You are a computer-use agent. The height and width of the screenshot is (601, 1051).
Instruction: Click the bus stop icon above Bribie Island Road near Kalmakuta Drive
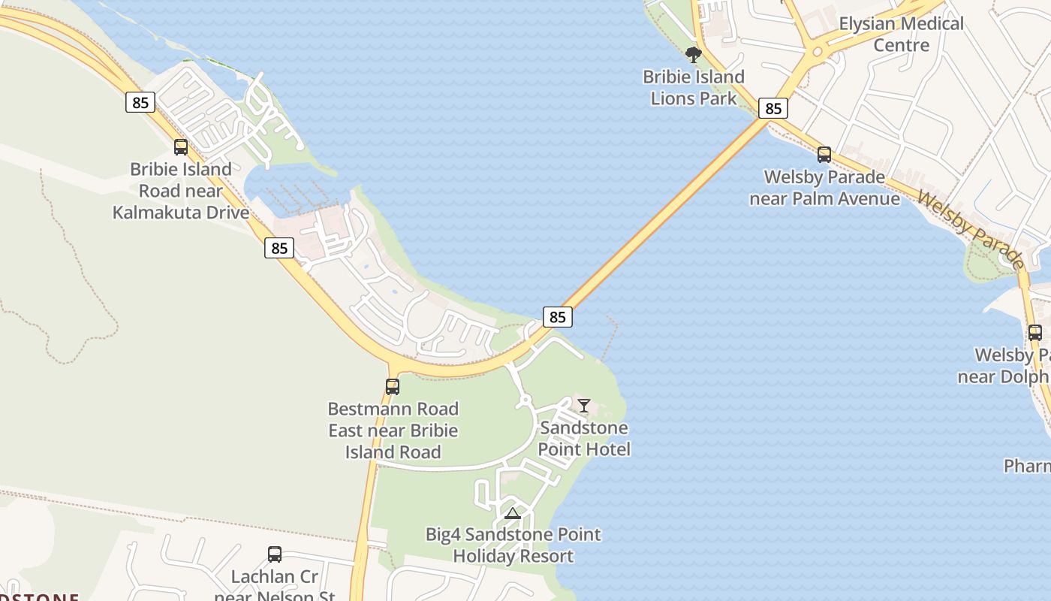pos(181,147)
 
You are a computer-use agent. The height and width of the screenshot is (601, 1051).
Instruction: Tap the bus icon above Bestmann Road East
pos(392,387)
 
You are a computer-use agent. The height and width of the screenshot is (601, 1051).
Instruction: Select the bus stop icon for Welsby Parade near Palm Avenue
pos(824,155)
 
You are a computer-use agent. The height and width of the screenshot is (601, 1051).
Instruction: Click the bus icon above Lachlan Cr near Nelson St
pos(275,554)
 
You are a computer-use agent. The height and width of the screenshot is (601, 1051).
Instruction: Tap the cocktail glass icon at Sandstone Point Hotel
pos(584,406)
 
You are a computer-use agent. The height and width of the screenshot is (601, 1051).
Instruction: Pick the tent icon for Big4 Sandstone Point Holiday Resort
pos(513,513)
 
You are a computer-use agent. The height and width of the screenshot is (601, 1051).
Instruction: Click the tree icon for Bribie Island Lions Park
pos(694,54)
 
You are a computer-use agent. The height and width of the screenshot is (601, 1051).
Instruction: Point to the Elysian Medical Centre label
pos(901,35)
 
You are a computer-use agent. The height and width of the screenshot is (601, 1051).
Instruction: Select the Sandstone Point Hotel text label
pos(584,439)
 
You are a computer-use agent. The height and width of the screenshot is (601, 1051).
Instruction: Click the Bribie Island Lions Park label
pos(694,87)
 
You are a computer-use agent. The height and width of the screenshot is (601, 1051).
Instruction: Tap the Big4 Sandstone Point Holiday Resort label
pos(513,545)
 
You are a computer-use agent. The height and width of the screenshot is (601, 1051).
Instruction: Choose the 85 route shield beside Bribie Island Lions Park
pos(772,108)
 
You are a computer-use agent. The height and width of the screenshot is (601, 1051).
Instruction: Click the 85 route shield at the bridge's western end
pos(557,317)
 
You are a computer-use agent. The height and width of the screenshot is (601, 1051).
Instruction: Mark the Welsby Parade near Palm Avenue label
pos(824,188)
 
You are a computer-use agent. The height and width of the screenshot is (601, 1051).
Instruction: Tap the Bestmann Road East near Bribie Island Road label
pos(393,430)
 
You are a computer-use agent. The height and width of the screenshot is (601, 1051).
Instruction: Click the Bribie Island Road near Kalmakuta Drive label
pos(181,191)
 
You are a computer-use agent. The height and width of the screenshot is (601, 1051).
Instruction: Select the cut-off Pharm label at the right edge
pos(1027,467)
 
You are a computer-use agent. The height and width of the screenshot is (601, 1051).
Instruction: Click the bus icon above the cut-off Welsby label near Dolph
pos(1034,332)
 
